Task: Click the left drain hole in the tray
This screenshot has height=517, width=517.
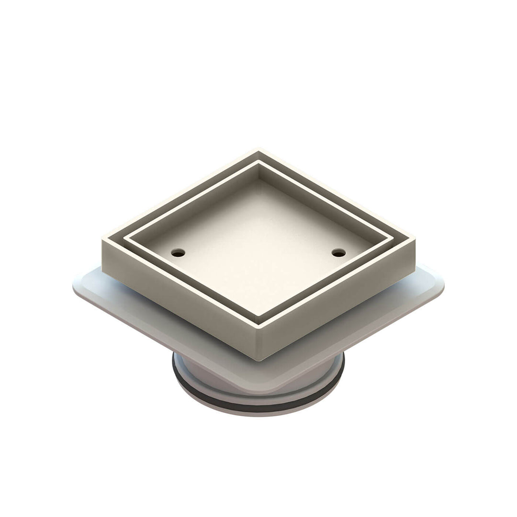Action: coord(178,252)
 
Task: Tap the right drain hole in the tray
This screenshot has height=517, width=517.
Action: coord(338,252)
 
